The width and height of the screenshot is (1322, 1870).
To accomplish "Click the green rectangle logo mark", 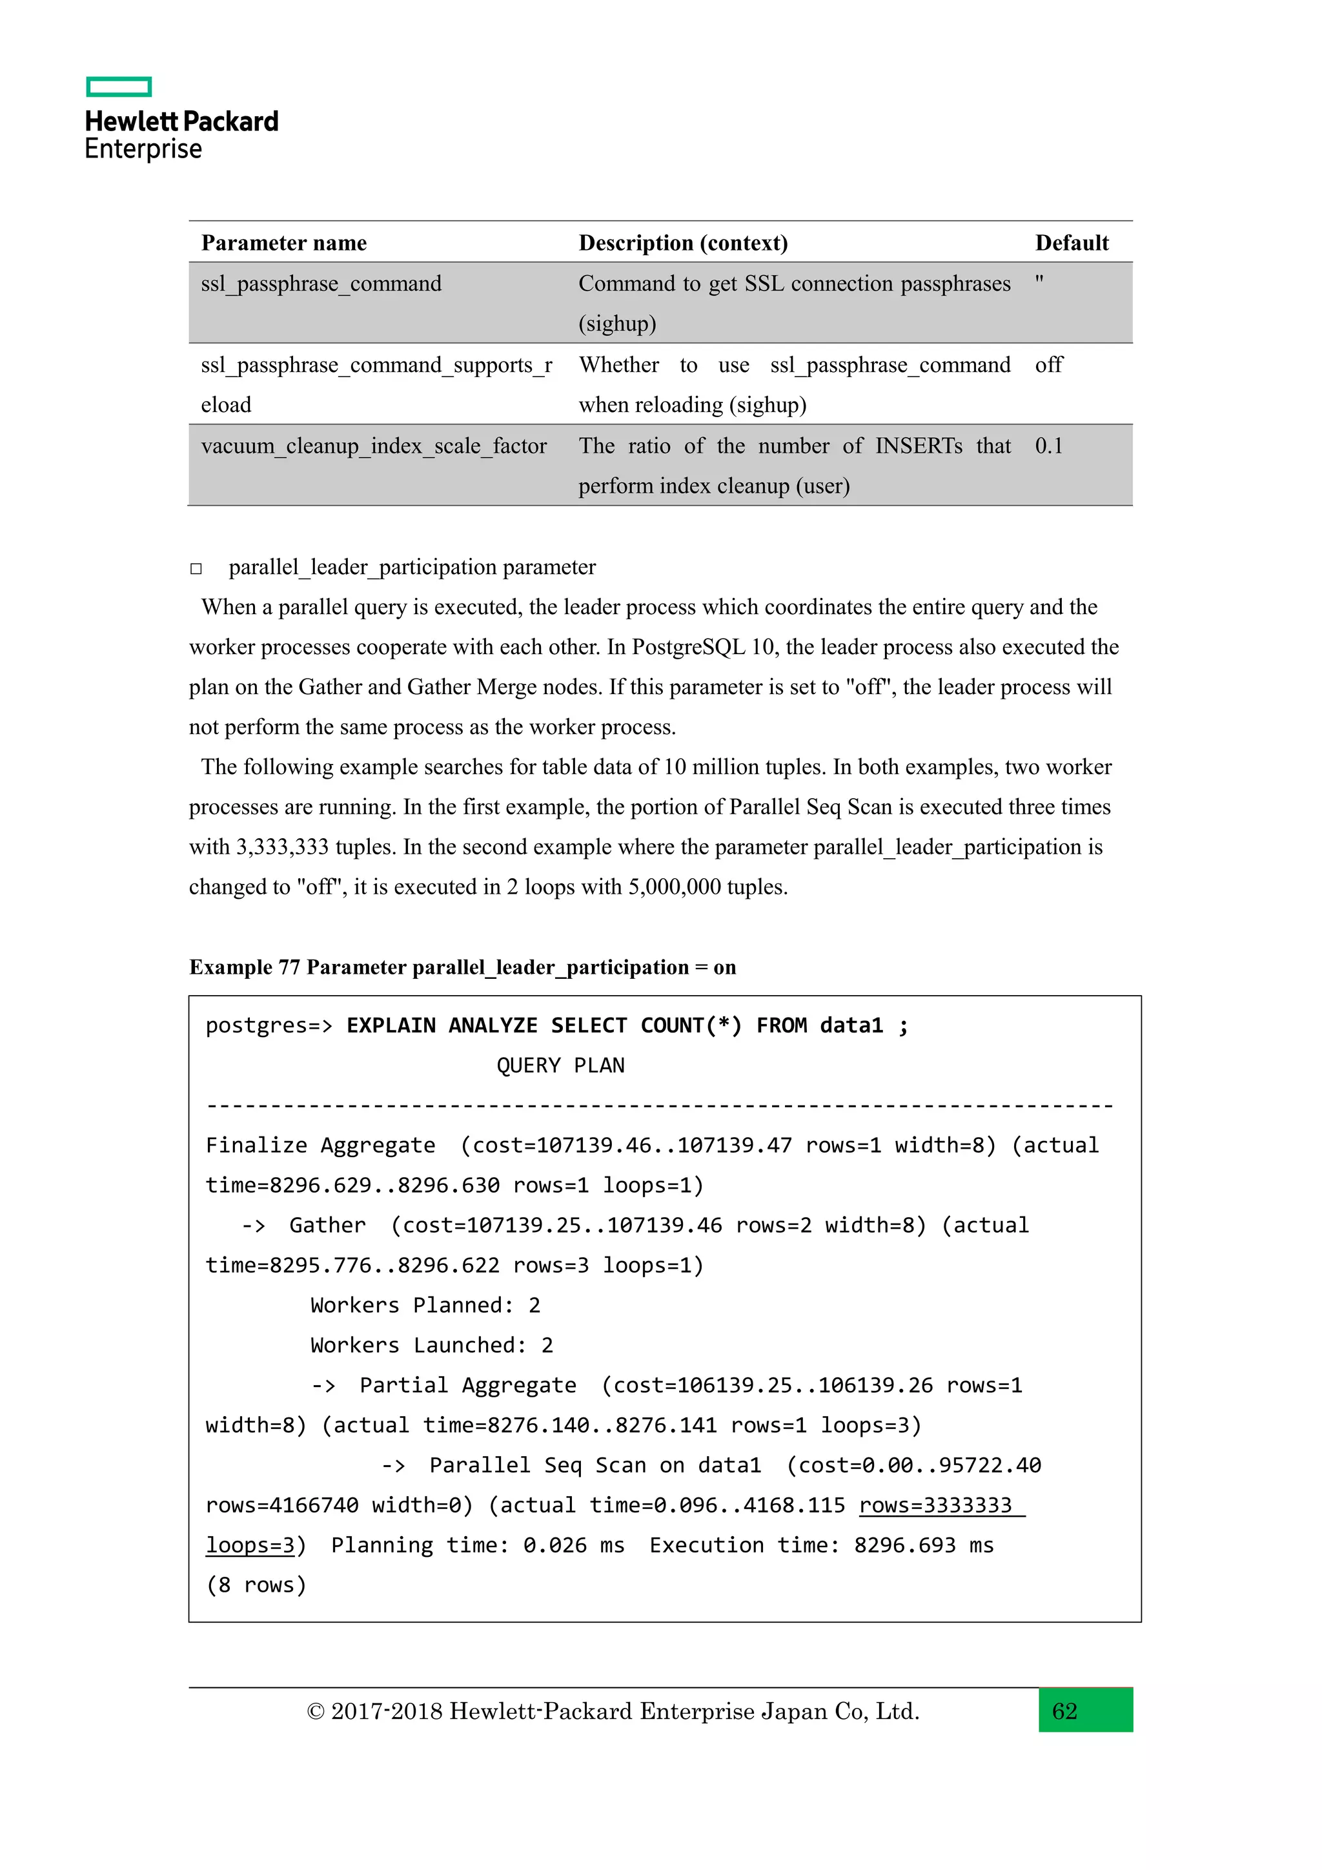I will click(119, 87).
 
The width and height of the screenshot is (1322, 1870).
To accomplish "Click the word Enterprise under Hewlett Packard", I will click(143, 149).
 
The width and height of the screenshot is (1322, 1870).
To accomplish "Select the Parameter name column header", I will click(283, 243).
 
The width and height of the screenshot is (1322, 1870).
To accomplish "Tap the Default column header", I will click(1072, 243).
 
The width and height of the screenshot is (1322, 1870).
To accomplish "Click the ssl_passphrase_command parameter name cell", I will click(321, 283).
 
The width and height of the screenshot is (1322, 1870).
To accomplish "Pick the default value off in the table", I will click(1048, 365).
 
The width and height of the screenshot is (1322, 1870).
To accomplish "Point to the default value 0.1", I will click(1048, 446).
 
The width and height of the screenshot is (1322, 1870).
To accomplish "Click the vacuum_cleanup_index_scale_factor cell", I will click(374, 446).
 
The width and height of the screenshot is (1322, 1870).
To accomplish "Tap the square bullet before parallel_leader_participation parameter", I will click(196, 568).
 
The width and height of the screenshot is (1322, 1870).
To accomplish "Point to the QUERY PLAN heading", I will click(560, 1065).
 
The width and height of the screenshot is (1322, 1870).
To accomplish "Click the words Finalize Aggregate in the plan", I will click(320, 1145).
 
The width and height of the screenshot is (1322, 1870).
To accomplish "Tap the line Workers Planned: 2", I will click(425, 1305).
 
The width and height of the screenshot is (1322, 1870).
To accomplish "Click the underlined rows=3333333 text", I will click(935, 1505).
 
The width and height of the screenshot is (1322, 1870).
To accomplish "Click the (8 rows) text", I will click(256, 1585).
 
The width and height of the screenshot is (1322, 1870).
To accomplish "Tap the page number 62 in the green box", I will click(1064, 1711).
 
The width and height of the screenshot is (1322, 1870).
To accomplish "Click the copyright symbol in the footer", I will click(315, 1712).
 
